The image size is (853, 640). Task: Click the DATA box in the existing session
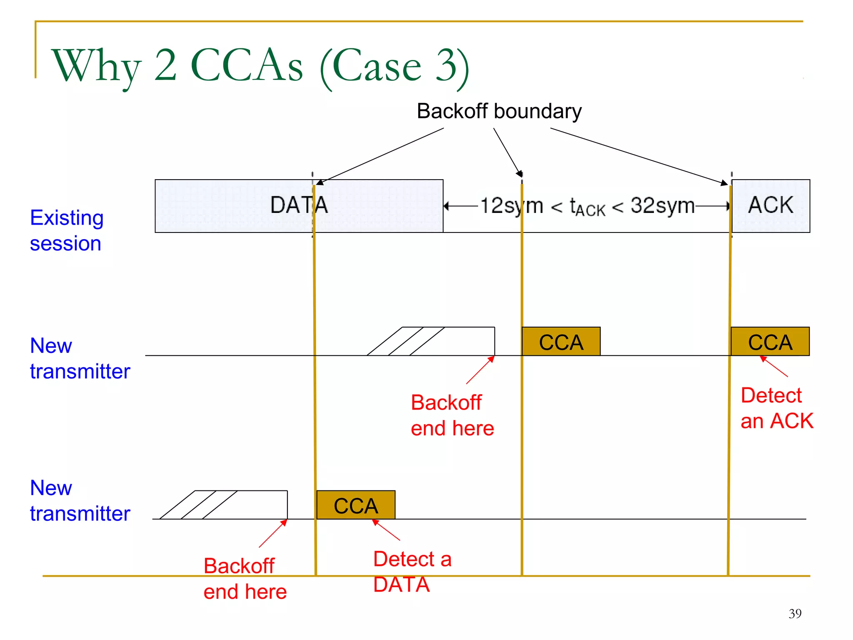[x=250, y=206]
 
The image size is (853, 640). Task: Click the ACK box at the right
[x=771, y=205]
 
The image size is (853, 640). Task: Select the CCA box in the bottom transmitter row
[x=356, y=505]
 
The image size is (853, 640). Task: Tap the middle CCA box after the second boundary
[x=561, y=342]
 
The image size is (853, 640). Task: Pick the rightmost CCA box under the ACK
[x=770, y=342]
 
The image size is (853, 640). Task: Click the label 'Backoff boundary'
[x=499, y=111]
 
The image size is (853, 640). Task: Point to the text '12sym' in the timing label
[x=511, y=206]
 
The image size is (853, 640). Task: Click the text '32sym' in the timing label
[x=662, y=205]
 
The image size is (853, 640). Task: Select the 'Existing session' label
[x=67, y=230]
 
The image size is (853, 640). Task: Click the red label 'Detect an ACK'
[x=776, y=408]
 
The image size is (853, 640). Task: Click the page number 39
[x=795, y=613]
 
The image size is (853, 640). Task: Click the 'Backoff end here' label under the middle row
[x=452, y=415]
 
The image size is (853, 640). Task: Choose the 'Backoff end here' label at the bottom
[x=245, y=579]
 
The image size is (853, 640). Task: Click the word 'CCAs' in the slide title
[x=247, y=65]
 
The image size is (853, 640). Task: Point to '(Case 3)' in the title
[x=394, y=67]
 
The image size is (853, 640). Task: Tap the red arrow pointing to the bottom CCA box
[x=386, y=530]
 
